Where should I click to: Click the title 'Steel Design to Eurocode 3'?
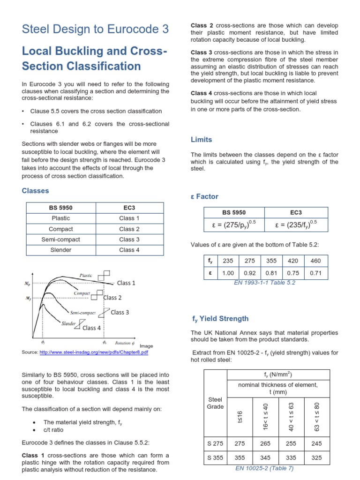coord(95,30)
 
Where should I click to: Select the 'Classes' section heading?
coord(36,191)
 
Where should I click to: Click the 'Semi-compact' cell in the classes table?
coord(61,240)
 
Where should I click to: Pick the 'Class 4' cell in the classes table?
coord(129,250)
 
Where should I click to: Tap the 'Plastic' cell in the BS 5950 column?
coord(61,218)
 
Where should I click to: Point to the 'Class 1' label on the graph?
coord(126,283)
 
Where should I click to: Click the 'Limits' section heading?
coord(201,140)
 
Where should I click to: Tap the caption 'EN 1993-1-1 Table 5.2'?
coord(264,283)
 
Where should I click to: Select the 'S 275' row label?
coord(215,442)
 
